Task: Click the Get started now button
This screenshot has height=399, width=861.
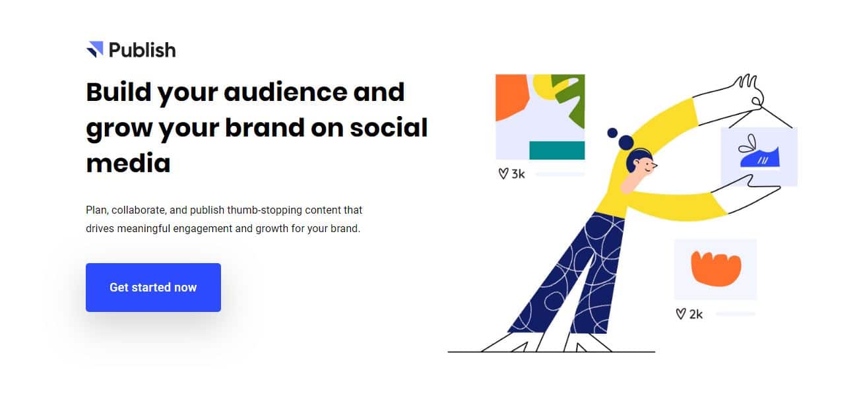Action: [153, 287]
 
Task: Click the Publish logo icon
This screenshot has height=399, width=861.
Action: [95, 49]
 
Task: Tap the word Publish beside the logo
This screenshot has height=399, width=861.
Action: [143, 50]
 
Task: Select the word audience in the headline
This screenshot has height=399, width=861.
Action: [285, 92]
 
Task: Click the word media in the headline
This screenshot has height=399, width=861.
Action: [129, 163]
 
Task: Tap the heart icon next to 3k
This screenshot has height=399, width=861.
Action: [503, 173]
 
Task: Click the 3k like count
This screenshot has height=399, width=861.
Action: [518, 174]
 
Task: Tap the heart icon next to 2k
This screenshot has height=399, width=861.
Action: [680, 314]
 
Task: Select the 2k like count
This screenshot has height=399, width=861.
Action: [695, 315]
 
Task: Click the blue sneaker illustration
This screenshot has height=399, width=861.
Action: [760, 157]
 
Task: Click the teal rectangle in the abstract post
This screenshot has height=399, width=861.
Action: [557, 150]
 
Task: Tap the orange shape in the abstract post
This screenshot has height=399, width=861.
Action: [509, 96]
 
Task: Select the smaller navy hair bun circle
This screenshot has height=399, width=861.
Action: [612, 133]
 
